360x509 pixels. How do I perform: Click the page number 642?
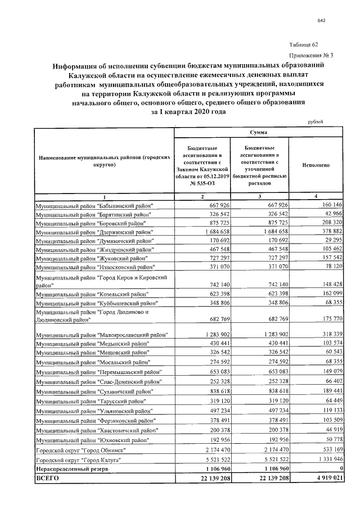[x=322, y=21]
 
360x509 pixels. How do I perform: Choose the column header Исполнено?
[x=316, y=166]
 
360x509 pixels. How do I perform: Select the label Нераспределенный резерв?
[x=70, y=469]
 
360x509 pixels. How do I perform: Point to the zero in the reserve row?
[x=340, y=469]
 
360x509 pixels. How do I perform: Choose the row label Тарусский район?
[x=93, y=402]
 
